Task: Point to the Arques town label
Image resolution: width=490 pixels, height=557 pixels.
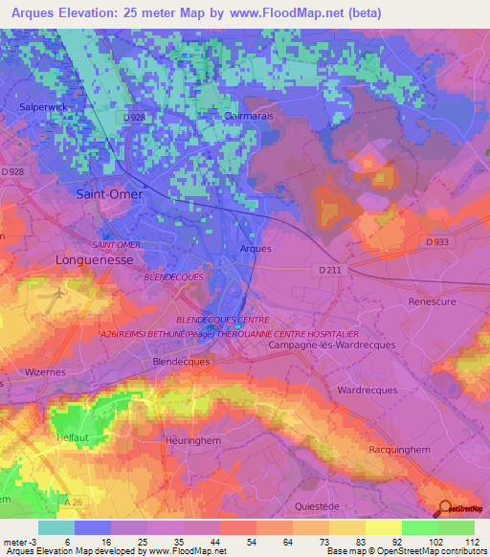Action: pos(255,249)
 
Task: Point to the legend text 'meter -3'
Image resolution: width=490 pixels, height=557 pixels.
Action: pos(20,541)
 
